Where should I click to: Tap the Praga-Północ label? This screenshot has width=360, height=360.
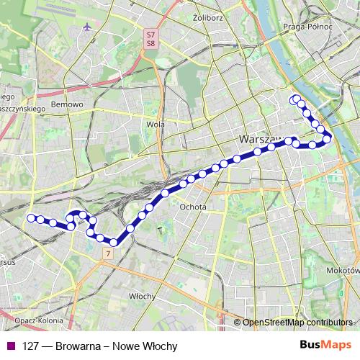[x=309, y=27]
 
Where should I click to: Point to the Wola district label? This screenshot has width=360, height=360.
[x=156, y=124]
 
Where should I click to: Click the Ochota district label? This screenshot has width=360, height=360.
[x=194, y=207]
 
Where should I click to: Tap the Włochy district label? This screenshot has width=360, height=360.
[x=142, y=296]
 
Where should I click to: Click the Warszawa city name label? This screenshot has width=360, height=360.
[x=259, y=138]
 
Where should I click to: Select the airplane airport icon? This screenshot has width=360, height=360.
[x=88, y=27]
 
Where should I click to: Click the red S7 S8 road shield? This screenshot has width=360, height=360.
[x=150, y=39]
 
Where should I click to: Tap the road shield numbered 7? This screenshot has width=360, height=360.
[x=107, y=253]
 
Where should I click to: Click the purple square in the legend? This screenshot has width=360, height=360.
[x=9, y=346]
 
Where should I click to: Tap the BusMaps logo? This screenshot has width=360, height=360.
[x=325, y=346]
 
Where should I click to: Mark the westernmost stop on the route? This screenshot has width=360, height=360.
[x=31, y=218]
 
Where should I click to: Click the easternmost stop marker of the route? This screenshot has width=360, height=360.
[x=328, y=138]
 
